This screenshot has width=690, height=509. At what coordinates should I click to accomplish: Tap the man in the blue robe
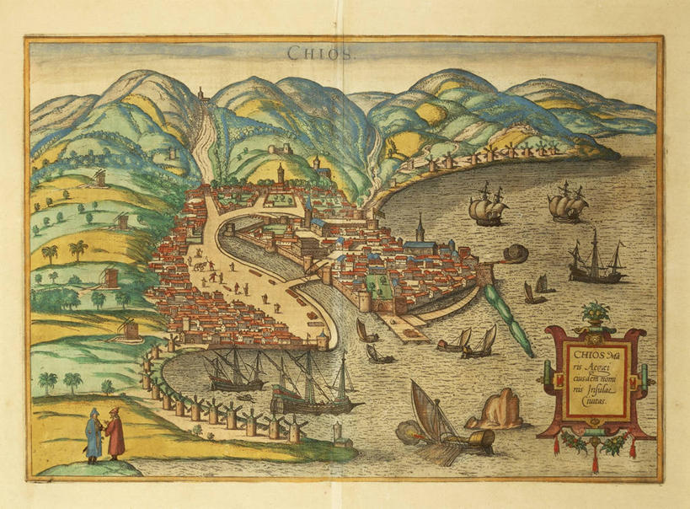tap(93, 433)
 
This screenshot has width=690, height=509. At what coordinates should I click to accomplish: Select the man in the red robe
tap(115, 433)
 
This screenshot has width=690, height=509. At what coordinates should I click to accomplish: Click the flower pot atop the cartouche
tap(595, 314)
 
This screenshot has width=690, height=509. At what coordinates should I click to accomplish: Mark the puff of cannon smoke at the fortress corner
tap(516, 253)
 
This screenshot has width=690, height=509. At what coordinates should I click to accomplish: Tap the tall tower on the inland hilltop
tap(281, 174)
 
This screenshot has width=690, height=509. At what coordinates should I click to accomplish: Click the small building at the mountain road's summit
tap(202, 95)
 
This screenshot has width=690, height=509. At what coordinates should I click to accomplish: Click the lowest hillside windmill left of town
tap(129, 328)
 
